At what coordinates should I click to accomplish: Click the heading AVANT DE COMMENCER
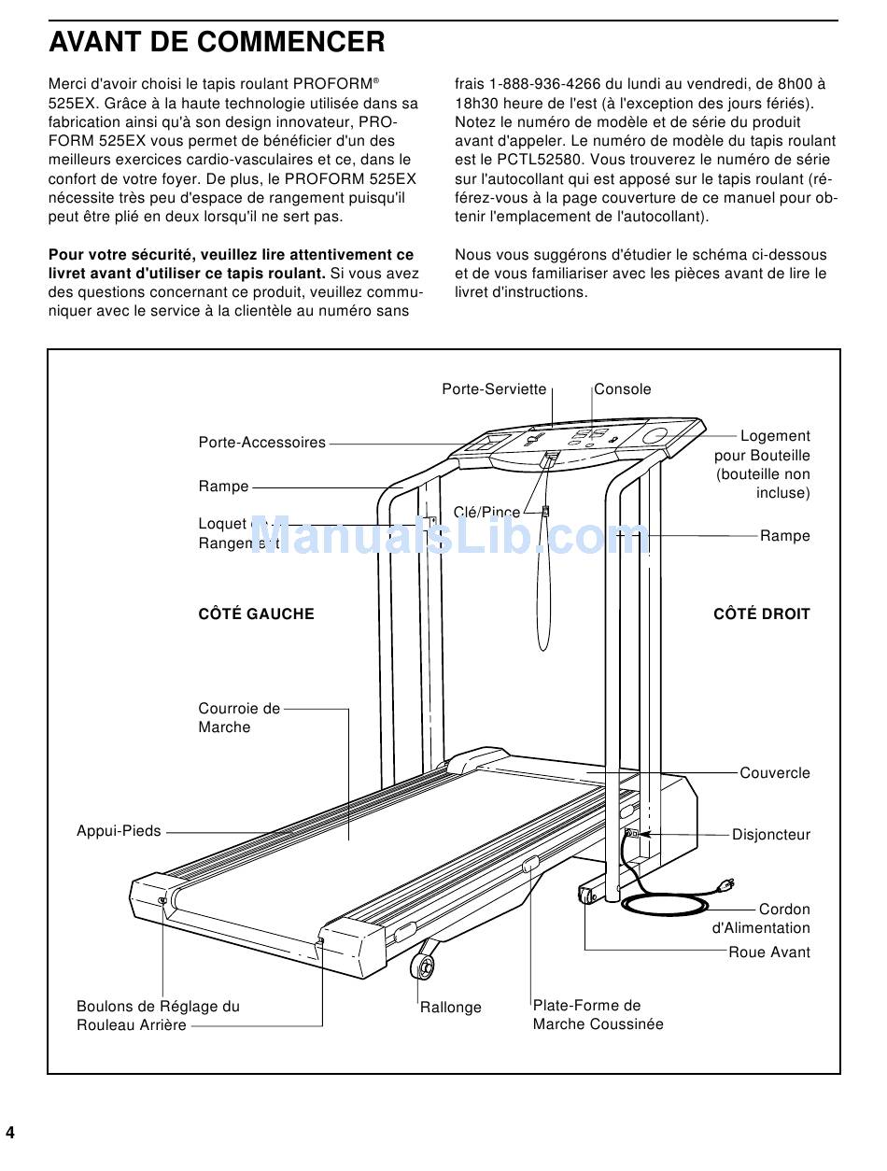click(217, 42)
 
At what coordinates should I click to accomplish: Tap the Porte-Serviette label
click(494, 389)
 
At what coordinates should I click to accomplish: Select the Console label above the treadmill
click(623, 389)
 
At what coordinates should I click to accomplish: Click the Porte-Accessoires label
click(262, 443)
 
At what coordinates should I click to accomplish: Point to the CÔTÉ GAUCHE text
click(256, 614)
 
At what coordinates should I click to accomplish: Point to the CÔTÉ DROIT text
click(762, 614)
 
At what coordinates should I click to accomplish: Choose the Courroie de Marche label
click(239, 718)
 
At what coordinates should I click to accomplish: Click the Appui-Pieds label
click(119, 831)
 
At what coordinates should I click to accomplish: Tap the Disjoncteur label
click(771, 835)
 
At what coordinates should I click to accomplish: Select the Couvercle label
click(775, 773)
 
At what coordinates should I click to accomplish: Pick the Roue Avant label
click(769, 952)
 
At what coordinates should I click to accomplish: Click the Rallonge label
click(451, 1008)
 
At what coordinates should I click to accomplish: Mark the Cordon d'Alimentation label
click(762, 919)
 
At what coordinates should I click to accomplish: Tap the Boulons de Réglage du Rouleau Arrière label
click(158, 1016)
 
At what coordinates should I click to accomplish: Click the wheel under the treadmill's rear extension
click(424, 966)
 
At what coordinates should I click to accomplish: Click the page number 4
click(10, 1134)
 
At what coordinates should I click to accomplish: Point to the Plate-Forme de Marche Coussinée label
click(598, 1015)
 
